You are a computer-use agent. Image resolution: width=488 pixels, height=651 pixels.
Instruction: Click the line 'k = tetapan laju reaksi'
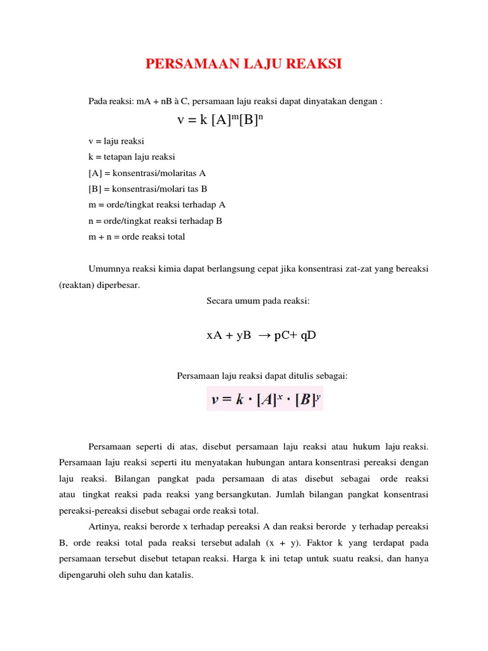click(x=132, y=156)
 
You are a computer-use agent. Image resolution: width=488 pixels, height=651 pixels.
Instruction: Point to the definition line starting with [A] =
click(x=147, y=172)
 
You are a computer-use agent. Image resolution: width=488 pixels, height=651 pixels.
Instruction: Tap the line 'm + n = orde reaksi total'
click(x=137, y=236)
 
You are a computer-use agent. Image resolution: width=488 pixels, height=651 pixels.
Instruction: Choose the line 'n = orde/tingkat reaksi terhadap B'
click(x=155, y=221)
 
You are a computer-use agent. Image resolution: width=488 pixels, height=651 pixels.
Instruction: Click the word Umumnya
click(x=108, y=269)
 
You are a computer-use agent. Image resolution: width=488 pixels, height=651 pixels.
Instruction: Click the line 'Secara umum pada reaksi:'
click(x=258, y=301)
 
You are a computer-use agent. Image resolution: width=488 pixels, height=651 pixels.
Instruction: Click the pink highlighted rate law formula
click(x=264, y=399)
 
